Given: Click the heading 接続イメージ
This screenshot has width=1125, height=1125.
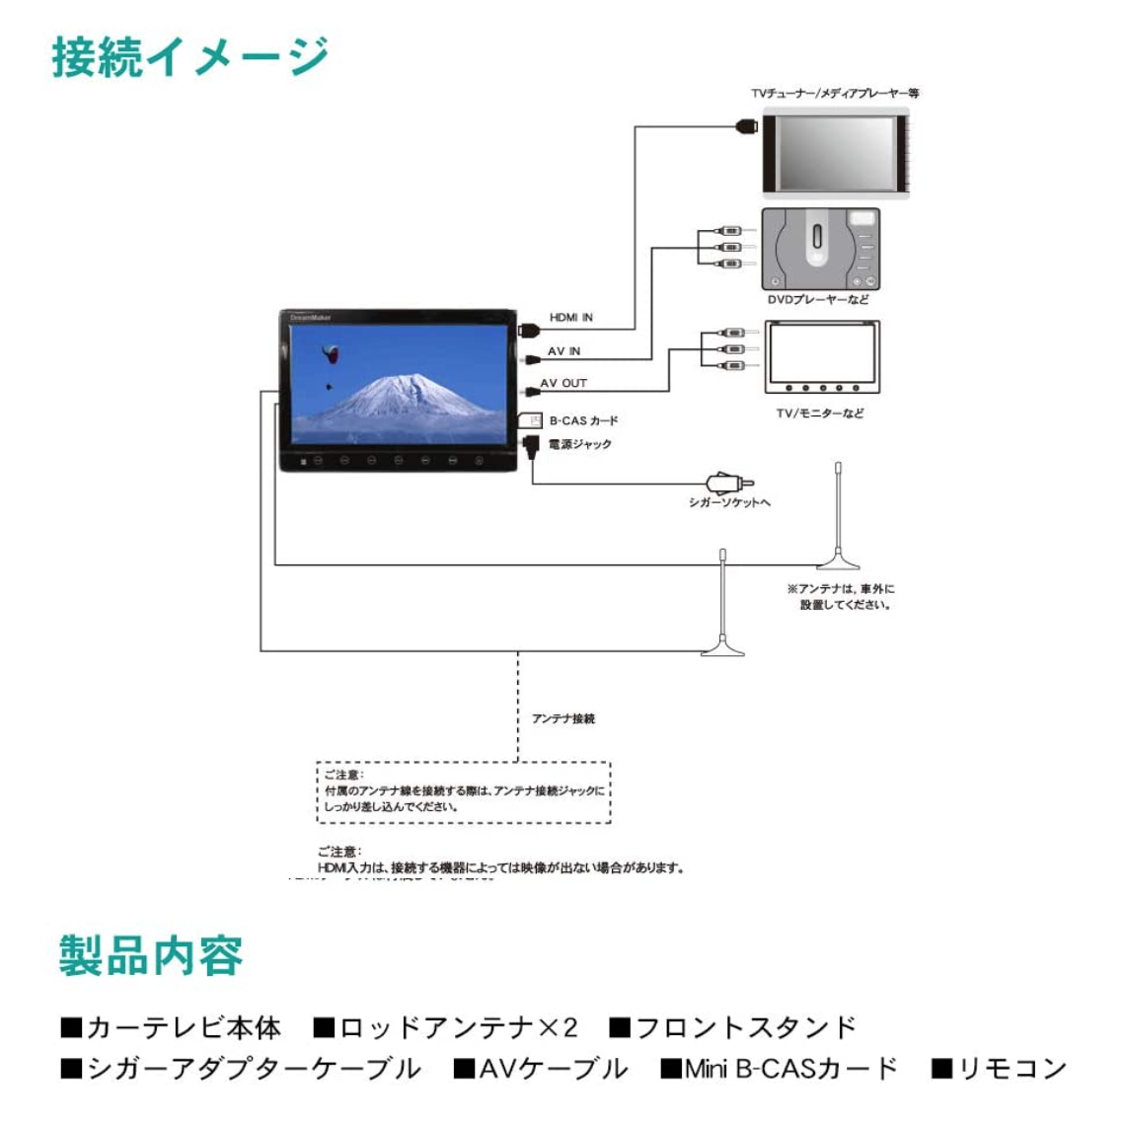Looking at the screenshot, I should [x=190, y=56].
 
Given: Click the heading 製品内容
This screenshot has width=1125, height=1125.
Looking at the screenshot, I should [x=151, y=955].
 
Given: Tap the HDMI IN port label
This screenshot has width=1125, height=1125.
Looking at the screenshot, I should [x=571, y=318].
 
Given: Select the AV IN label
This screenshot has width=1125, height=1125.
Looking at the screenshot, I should [x=564, y=351].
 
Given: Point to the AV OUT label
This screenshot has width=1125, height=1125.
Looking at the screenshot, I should [x=563, y=383].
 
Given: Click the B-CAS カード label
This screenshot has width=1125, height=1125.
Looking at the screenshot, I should [x=583, y=420].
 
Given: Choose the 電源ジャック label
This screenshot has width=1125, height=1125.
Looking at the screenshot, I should [x=580, y=444].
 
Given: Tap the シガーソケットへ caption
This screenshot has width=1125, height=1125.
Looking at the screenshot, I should [x=729, y=502].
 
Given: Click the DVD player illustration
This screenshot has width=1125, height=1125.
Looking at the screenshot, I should [x=820, y=248].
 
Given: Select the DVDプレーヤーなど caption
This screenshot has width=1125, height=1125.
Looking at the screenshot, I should [x=818, y=299].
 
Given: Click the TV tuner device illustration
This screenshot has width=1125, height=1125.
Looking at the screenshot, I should [x=836, y=154].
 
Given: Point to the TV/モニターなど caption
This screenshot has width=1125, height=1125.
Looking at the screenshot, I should [x=820, y=413].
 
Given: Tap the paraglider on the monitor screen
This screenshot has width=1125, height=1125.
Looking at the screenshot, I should [x=331, y=352].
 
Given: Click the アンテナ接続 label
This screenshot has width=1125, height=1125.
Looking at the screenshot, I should [x=563, y=718].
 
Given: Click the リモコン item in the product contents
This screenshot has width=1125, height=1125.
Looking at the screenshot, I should [x=1001, y=1069].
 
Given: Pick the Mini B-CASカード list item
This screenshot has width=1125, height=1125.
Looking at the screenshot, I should [x=781, y=1069].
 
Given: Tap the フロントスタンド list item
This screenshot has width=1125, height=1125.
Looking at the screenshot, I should [x=734, y=1028].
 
